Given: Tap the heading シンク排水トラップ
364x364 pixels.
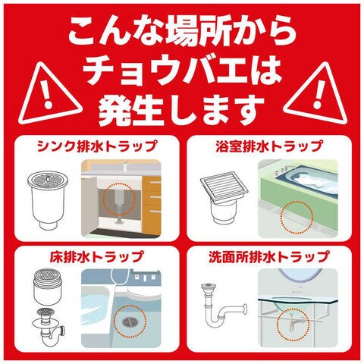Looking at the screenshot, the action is pyautogui.click(x=97, y=146).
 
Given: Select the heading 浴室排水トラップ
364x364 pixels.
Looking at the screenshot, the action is pyautogui.click(x=269, y=146).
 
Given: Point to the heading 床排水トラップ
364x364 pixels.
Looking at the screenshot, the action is pyautogui.click(x=97, y=256).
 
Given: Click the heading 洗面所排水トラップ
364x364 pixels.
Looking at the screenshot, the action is pyautogui.click(x=269, y=256).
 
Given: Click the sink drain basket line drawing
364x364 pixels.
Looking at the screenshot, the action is pyautogui.click(x=48, y=200).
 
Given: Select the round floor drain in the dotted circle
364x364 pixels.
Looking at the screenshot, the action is pyautogui.click(x=130, y=322).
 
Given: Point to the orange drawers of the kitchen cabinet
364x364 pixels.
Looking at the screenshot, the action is pyautogui.click(x=152, y=205).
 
